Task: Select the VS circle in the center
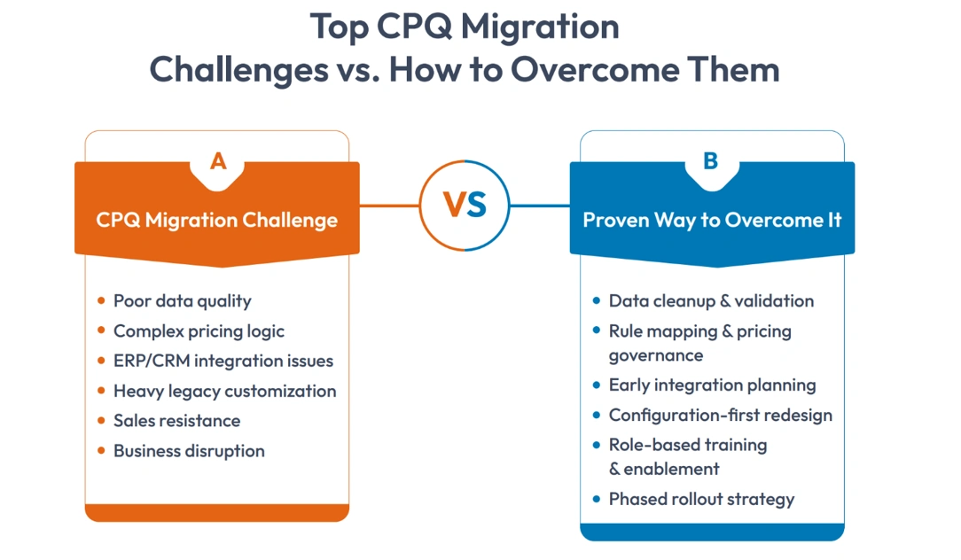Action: click(x=465, y=206)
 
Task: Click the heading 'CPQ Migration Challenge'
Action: click(x=217, y=220)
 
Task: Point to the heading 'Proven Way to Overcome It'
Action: click(x=712, y=220)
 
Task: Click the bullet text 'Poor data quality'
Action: click(x=182, y=301)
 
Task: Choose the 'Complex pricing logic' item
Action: click(x=199, y=331)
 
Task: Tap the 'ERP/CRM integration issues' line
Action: click(x=223, y=361)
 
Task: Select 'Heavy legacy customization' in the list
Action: click(x=224, y=391)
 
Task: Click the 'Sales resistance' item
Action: click(x=176, y=421)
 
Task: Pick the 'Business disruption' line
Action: click(x=189, y=451)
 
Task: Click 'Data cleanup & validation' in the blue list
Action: click(x=711, y=301)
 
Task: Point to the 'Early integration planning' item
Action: click(x=712, y=385)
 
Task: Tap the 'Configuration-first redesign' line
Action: click(x=720, y=416)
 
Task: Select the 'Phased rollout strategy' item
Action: click(x=701, y=499)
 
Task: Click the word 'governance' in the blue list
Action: click(x=655, y=355)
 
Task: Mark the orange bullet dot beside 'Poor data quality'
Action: click(x=101, y=301)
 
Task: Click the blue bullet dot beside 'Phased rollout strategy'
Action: click(x=596, y=500)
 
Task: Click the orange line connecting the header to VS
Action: click(x=389, y=206)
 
